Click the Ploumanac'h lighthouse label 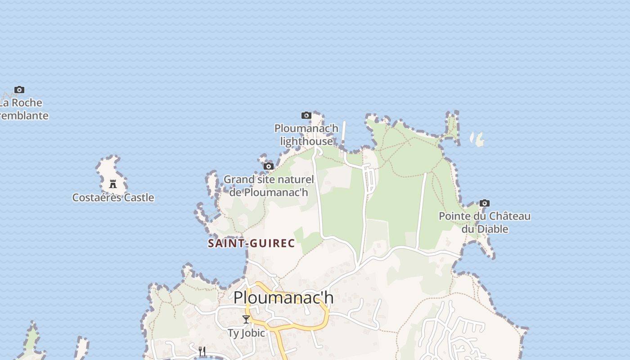(x=306, y=135)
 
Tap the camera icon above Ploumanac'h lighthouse (x=306, y=116)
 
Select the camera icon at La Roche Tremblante (x=19, y=90)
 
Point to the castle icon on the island (x=113, y=184)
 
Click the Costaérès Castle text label (x=113, y=198)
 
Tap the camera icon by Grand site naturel (x=269, y=166)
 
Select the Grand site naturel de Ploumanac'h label (x=269, y=185)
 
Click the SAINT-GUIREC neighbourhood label (x=251, y=243)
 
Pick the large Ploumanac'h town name (x=283, y=297)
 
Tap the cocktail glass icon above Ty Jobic (x=246, y=319)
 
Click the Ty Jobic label (x=246, y=333)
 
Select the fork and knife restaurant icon (x=202, y=351)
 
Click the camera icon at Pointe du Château (x=485, y=203)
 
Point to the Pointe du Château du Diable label (x=485, y=222)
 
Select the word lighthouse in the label (x=306, y=141)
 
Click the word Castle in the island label (x=139, y=198)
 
